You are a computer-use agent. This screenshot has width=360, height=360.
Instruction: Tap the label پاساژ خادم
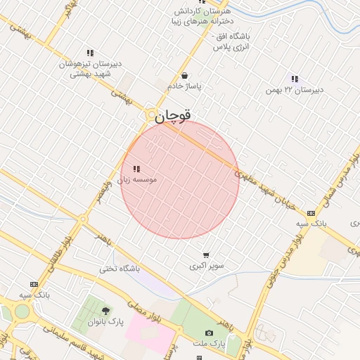tap(184, 86)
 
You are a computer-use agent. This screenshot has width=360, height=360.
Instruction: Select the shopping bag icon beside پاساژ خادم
tap(184, 75)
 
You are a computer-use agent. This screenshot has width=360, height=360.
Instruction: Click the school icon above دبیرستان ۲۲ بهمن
tap(294, 79)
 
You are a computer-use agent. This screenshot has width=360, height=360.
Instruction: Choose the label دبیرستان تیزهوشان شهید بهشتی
tap(90, 68)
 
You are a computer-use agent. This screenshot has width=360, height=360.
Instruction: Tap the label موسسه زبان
tap(139, 179)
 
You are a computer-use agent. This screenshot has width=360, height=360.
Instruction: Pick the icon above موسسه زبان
tap(136, 169)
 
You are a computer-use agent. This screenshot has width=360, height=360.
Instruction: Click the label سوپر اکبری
tap(205, 266)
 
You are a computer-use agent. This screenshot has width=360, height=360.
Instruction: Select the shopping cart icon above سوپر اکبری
tap(205, 255)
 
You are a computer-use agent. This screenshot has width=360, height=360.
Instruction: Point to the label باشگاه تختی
tap(119, 269)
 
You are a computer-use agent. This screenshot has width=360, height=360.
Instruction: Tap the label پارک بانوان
tap(105, 321)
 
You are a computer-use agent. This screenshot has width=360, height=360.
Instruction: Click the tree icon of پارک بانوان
tap(105, 310)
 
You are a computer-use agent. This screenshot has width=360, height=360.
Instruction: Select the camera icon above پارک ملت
tap(209, 333)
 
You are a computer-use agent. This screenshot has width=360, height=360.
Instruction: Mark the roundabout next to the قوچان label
tap(151, 114)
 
